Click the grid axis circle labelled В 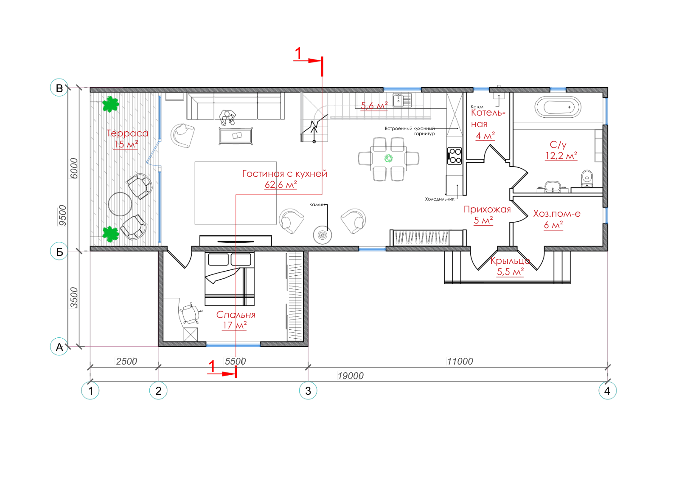point(59,88)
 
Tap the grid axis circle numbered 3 point(308,391)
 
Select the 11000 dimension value point(460,362)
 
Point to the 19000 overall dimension point(351,376)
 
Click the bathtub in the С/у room point(558,107)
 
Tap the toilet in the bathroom point(587,178)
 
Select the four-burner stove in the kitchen point(455,156)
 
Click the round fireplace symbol point(322,235)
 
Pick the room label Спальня point(236,315)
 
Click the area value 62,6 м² point(281,184)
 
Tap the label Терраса point(127,133)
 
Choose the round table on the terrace point(120,204)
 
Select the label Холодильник point(440,199)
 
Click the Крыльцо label point(510,260)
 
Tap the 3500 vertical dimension point(74,298)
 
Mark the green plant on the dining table point(388,158)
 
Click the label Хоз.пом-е point(557,214)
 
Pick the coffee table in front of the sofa point(236,136)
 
